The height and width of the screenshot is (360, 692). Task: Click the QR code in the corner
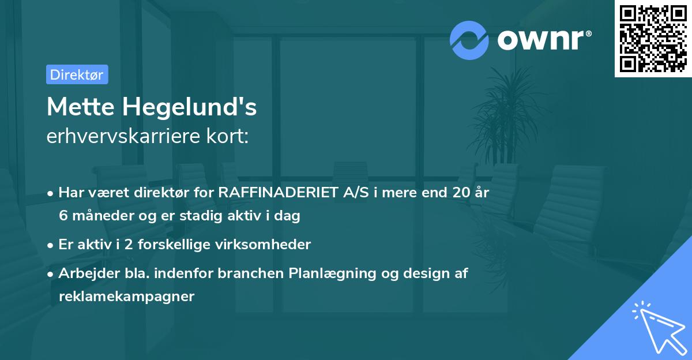click(x=653, y=39)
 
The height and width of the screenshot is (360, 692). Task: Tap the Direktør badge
click(x=77, y=74)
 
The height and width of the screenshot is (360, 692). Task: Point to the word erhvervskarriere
click(x=125, y=137)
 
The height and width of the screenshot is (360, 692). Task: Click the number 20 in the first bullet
click(x=461, y=193)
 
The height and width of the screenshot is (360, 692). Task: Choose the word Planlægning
click(x=328, y=273)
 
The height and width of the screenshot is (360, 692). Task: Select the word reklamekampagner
click(x=126, y=297)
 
